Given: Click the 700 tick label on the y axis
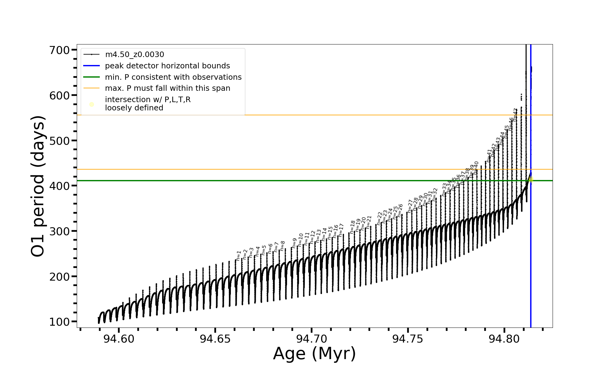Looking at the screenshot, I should (60, 50).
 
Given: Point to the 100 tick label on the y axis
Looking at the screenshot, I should (60, 322).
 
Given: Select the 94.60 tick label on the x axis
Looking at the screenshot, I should (119, 339).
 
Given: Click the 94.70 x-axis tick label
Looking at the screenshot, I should (312, 339).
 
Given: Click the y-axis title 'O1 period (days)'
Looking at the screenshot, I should (38, 186).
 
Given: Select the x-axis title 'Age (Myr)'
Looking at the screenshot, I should (314, 354).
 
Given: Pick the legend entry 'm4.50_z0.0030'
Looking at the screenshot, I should (134, 55).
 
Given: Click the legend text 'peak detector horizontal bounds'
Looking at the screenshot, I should (167, 66).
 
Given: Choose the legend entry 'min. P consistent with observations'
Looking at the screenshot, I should (173, 77).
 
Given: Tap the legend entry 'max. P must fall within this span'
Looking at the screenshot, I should (167, 88).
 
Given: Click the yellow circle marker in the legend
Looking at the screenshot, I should (91, 105).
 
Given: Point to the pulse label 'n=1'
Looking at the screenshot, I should (239, 256).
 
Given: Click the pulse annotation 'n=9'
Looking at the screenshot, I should (294, 243).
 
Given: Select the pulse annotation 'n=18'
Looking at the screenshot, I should (352, 227).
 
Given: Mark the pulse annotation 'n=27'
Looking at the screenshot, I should (410, 206).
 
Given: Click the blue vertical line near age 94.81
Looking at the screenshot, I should (531, 245).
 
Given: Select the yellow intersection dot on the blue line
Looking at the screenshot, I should (531, 179).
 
